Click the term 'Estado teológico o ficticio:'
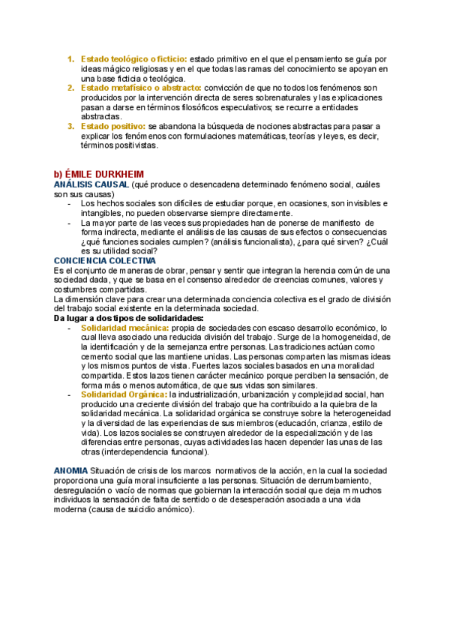(x=133, y=59)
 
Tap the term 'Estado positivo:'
(x=113, y=127)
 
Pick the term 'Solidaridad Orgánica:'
(x=124, y=394)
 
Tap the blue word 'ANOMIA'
(x=70, y=470)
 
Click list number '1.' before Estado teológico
(x=70, y=59)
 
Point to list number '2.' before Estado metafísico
(x=70, y=88)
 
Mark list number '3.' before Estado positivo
(x=70, y=127)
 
